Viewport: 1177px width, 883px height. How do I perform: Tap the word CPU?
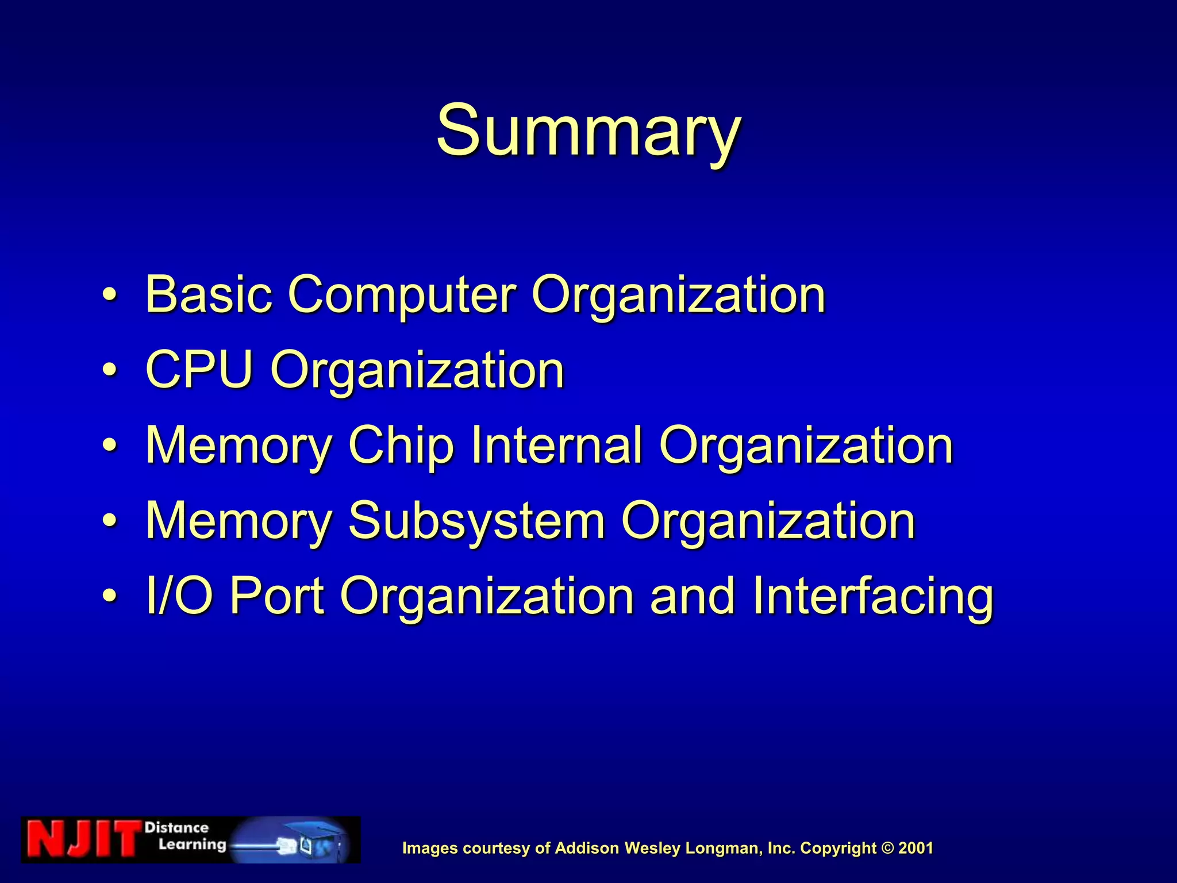click(x=199, y=370)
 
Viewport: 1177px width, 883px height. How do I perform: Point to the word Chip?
click(x=401, y=447)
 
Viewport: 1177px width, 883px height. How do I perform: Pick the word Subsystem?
click(x=476, y=520)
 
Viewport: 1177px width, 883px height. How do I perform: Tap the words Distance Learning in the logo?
click(x=184, y=836)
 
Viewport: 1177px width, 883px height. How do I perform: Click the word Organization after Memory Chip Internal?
click(x=806, y=447)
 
